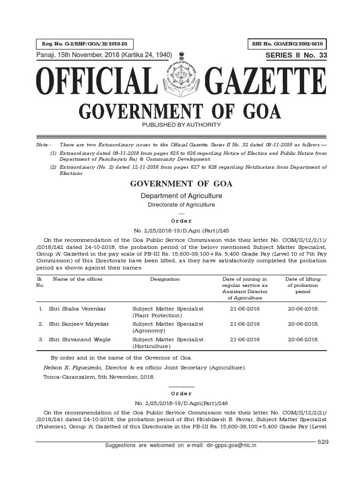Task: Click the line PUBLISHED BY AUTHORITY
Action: tap(180, 125)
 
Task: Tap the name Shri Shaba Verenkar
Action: tap(77, 309)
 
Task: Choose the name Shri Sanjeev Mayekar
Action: tap(78, 324)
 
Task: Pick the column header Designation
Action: tap(165, 279)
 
